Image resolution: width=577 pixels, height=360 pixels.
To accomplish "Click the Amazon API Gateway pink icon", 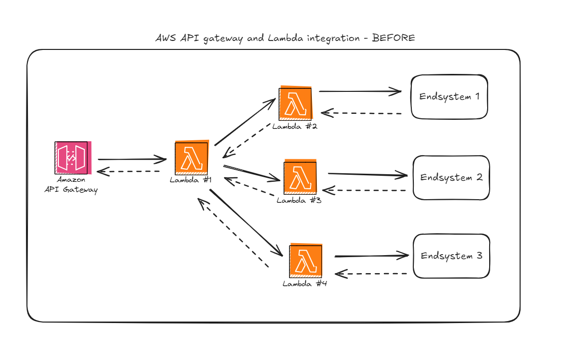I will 71,158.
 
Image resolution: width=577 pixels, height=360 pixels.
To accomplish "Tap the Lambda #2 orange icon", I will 295,104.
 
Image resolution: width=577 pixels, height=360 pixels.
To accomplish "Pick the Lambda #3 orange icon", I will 300,177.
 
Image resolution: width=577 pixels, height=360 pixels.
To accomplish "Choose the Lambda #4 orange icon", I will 305,260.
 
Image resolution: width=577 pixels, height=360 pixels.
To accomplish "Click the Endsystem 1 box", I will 449,97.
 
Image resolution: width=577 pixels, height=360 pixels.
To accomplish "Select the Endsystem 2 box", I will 451,178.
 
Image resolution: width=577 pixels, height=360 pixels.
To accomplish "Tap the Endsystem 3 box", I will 451,256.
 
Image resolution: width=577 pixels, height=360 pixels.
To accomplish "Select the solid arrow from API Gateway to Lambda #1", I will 132,160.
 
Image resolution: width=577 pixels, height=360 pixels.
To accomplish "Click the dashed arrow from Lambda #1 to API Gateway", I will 129,172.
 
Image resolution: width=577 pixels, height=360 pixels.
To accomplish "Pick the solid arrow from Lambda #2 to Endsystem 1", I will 360,91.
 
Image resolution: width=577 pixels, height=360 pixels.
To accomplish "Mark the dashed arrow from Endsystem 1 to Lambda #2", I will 361,113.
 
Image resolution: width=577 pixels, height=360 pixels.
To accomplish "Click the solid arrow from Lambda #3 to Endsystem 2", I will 368,174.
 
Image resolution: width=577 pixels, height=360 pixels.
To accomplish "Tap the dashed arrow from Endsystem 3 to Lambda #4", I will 374,274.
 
